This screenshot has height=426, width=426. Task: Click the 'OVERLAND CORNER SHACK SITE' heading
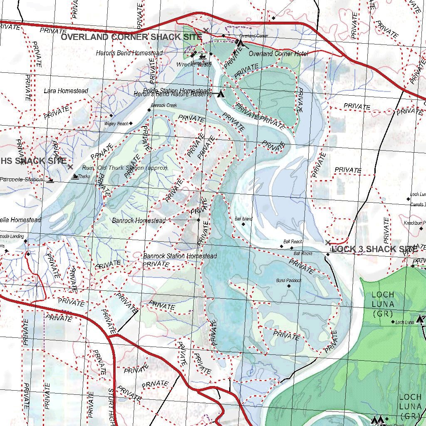pyautogui.click(x=131, y=37)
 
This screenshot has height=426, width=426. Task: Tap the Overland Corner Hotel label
pyautogui.click(x=278, y=54)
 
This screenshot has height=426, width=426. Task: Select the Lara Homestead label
pyautogui.click(x=66, y=91)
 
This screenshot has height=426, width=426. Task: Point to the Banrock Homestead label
pyautogui.click(x=139, y=220)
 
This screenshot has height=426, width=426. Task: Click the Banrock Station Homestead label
pyautogui.click(x=180, y=256)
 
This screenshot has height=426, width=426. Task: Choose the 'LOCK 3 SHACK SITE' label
pyautogui.click(x=374, y=249)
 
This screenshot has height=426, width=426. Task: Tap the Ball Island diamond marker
pyautogui.click(x=243, y=224)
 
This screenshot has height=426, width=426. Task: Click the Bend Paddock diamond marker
pyautogui.click(x=289, y=286)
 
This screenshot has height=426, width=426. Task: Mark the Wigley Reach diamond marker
pyautogui.click(x=131, y=123)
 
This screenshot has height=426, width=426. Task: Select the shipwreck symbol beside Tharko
pyautogui.click(x=74, y=176)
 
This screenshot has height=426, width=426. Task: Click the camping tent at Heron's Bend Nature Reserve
pyautogui.click(x=220, y=94)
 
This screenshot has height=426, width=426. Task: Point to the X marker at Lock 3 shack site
pyautogui.click(x=328, y=243)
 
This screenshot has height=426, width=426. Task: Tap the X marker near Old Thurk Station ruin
pyautogui.click(x=70, y=167)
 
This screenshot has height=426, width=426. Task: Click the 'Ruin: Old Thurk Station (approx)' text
pyautogui.click(x=125, y=168)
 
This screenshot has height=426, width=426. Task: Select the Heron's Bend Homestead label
pyautogui.click(x=129, y=53)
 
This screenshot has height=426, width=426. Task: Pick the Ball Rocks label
pyautogui.click(x=303, y=253)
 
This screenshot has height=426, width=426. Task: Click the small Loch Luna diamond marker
pyautogui.click(x=392, y=322)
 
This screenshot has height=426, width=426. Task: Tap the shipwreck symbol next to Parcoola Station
pyautogui.click(x=50, y=180)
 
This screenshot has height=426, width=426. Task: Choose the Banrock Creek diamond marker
pyautogui.click(x=149, y=110)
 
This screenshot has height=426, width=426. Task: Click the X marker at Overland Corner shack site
pyautogui.click(x=206, y=30)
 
